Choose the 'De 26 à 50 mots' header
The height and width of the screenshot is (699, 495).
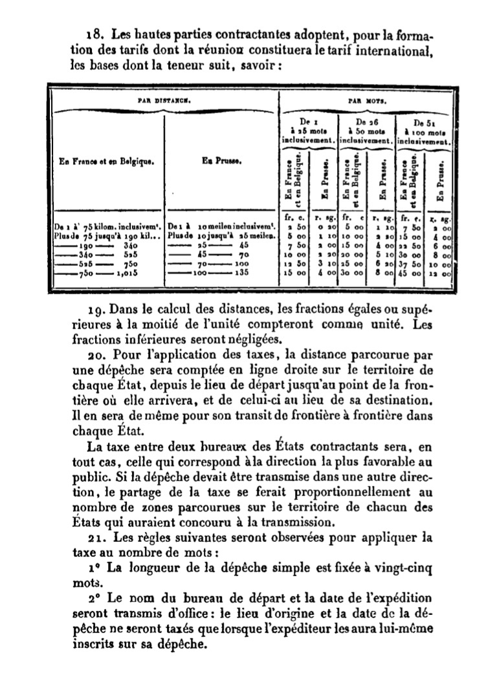pyautogui.click(x=365, y=129)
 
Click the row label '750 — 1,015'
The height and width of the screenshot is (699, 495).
pyautogui.click(x=107, y=274)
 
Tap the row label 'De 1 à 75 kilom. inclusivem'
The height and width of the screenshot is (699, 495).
pyautogui.click(x=107, y=228)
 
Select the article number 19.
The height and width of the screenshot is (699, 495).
pyautogui.click(x=94, y=304)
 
